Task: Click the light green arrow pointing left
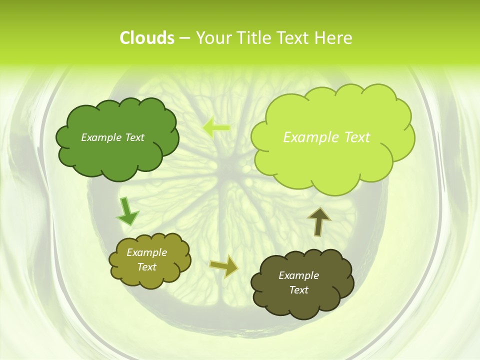(x=216, y=127)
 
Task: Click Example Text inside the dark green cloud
(x=112, y=137)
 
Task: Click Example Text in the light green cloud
(x=326, y=137)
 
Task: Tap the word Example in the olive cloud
(x=146, y=252)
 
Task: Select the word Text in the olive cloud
(x=146, y=267)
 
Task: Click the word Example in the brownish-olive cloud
(x=298, y=275)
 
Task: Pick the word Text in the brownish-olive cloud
(x=298, y=290)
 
